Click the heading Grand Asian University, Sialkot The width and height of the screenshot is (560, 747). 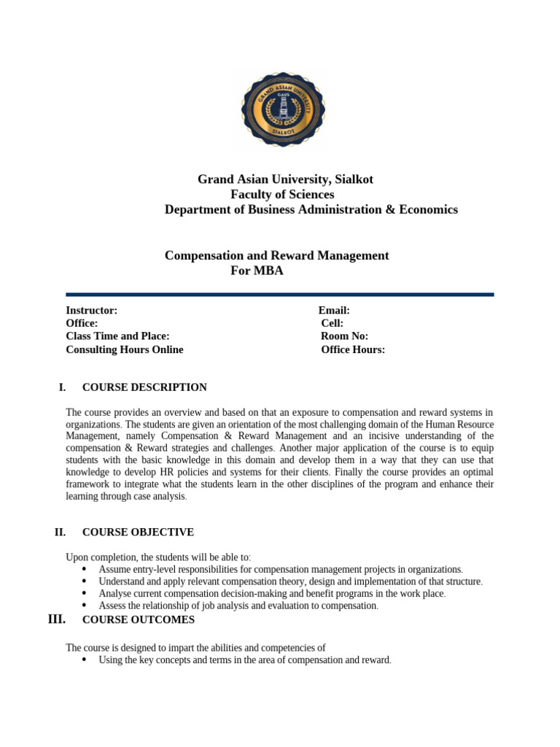tap(285, 179)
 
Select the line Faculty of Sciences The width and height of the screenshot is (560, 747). tap(282, 195)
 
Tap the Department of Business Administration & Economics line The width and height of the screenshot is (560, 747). tap(311, 210)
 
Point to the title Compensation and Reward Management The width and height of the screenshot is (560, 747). tap(276, 256)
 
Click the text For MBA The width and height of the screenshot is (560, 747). tap(256, 271)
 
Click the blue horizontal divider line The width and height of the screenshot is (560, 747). tap(280, 295)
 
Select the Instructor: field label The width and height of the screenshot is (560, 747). tap(92, 311)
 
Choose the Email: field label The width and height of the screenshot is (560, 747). tap(334, 311)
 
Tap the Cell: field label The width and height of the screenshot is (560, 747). tap(332, 323)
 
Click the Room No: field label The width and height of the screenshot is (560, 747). tap(344, 336)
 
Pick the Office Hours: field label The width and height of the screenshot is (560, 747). tap(353, 349)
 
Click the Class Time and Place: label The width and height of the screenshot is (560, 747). tap(117, 336)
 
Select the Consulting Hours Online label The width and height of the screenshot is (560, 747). tap(125, 349)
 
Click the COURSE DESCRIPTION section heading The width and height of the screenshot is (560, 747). tap(144, 387)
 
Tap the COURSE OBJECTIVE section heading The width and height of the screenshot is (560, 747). tap(138, 533)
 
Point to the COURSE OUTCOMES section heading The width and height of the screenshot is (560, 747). tap(139, 620)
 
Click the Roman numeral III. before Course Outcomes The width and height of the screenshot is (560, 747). tap(56, 620)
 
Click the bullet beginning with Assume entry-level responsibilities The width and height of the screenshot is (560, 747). tap(281, 569)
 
